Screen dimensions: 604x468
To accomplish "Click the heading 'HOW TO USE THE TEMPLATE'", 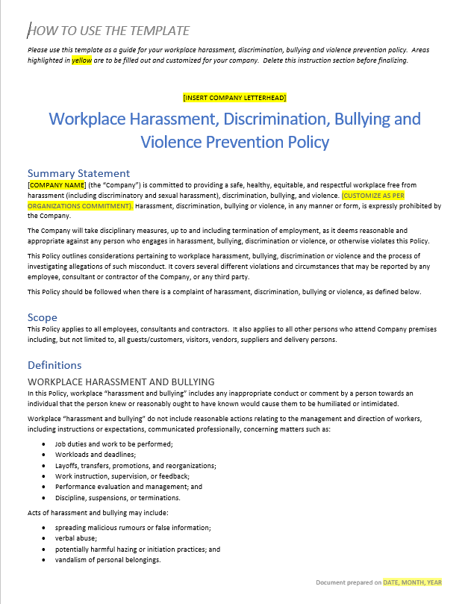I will tap(109, 31).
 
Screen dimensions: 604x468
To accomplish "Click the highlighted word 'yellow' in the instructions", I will tap(81, 60).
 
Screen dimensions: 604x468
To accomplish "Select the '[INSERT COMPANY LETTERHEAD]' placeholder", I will tap(234, 98).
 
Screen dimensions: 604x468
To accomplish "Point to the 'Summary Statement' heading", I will tap(78, 173).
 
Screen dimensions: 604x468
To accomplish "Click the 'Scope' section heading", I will tap(42, 317).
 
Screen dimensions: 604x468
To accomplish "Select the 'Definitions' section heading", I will tap(54, 365).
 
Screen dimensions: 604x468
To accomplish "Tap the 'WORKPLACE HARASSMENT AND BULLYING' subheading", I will tap(121, 382).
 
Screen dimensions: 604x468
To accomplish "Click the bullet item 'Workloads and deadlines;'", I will tap(95, 455).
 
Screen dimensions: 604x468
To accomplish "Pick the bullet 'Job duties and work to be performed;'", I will tap(113, 444).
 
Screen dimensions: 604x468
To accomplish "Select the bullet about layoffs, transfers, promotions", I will tap(135, 465).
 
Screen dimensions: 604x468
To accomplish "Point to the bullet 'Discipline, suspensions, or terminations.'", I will tap(117, 497).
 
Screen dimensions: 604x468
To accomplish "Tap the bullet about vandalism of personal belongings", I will tap(107, 559).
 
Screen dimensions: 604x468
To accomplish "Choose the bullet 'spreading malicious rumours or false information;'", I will tap(132, 527).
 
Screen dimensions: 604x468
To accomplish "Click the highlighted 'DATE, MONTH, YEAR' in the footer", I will tap(413, 582).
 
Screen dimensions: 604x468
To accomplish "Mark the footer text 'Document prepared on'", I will tap(349, 582).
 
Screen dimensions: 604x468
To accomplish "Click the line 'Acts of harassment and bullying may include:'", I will tap(98, 512).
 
